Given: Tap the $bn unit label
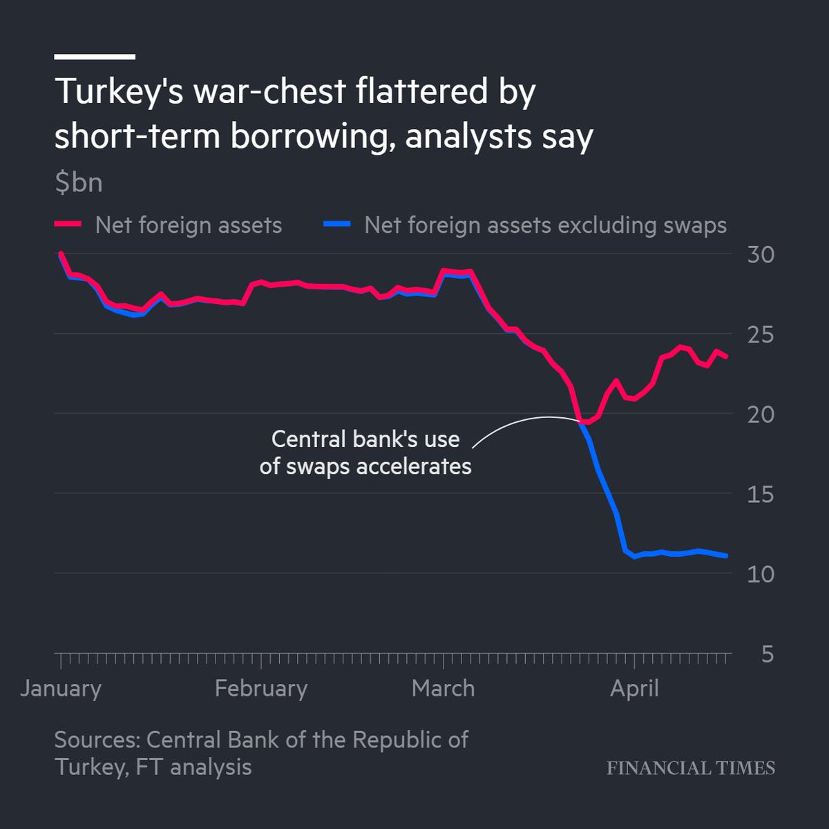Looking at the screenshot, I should (x=79, y=182).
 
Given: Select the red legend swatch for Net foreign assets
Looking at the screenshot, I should (x=68, y=225).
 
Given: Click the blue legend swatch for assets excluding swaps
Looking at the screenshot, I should (x=337, y=225).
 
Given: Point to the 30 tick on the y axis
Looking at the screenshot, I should (x=761, y=255).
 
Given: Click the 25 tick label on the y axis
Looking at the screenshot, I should (x=761, y=335).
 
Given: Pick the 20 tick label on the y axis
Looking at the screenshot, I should (x=761, y=414).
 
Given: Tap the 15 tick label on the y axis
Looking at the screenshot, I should (x=761, y=495).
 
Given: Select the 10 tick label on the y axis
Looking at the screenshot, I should (x=761, y=574).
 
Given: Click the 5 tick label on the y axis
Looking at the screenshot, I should (x=767, y=654).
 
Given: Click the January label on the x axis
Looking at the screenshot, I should (x=61, y=688).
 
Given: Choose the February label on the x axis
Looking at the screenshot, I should (x=260, y=688).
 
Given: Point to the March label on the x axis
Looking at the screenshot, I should (x=443, y=688).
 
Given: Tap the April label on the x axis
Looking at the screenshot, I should (x=634, y=688).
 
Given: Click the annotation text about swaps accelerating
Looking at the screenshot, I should (x=365, y=452).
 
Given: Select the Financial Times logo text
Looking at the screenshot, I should (x=690, y=768).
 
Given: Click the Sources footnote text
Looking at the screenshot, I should (x=261, y=753).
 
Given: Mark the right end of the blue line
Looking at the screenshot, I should (x=725, y=555).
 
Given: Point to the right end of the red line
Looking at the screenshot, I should (x=725, y=356).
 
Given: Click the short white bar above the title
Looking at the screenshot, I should (x=95, y=57).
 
